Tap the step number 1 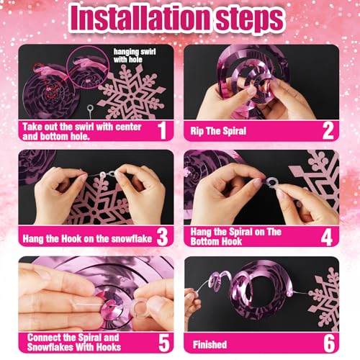click(163, 130)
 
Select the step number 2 click(328, 130)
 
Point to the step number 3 click(162, 236)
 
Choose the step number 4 click(327, 236)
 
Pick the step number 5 click(164, 343)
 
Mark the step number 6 click(329, 343)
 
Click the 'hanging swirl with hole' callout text click(135, 55)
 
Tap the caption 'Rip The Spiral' click(218, 131)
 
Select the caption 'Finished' click(210, 345)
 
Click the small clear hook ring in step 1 click(90, 107)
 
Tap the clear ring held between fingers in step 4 click(272, 182)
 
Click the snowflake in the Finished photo click(324, 300)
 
